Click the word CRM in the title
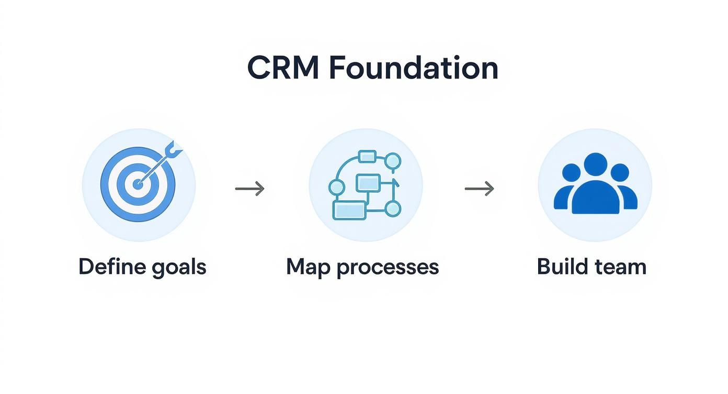(x=282, y=68)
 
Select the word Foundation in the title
(x=414, y=68)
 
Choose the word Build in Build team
(x=562, y=267)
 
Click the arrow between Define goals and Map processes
(x=249, y=189)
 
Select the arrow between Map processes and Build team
(x=479, y=189)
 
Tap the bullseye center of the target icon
(x=138, y=184)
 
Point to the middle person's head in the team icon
(x=595, y=164)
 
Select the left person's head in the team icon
(x=571, y=173)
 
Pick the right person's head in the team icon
(x=620, y=173)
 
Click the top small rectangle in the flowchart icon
(x=367, y=156)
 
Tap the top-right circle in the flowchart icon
(x=393, y=161)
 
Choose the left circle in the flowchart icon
(x=336, y=187)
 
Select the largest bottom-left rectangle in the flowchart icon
(x=349, y=210)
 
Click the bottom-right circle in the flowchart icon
(x=393, y=209)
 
